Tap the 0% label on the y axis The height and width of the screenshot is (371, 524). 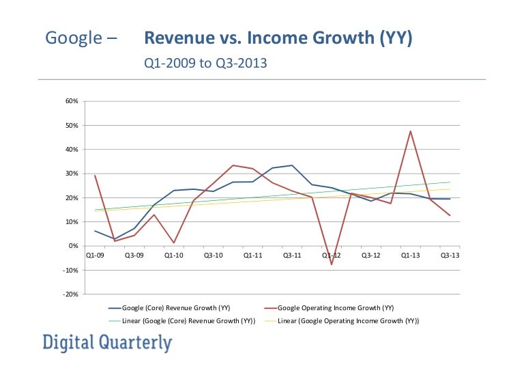tap(75, 246)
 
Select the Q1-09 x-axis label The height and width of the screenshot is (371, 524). tap(95, 255)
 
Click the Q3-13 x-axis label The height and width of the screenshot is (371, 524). tap(448, 255)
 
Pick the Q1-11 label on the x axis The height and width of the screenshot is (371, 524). tap(252, 255)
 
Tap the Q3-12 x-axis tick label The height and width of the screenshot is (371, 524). tap(370, 255)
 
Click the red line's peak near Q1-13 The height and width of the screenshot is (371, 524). tap(410, 131)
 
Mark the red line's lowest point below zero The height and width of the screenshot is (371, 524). tap(332, 264)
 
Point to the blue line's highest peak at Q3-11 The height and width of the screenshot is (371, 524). tap(292, 165)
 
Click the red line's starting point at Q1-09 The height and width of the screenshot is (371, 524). tap(95, 176)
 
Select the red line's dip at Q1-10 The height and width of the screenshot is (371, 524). tap(173, 243)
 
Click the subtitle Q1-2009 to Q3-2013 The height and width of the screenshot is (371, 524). tap(205, 64)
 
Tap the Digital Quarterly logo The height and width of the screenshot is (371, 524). tap(107, 343)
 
